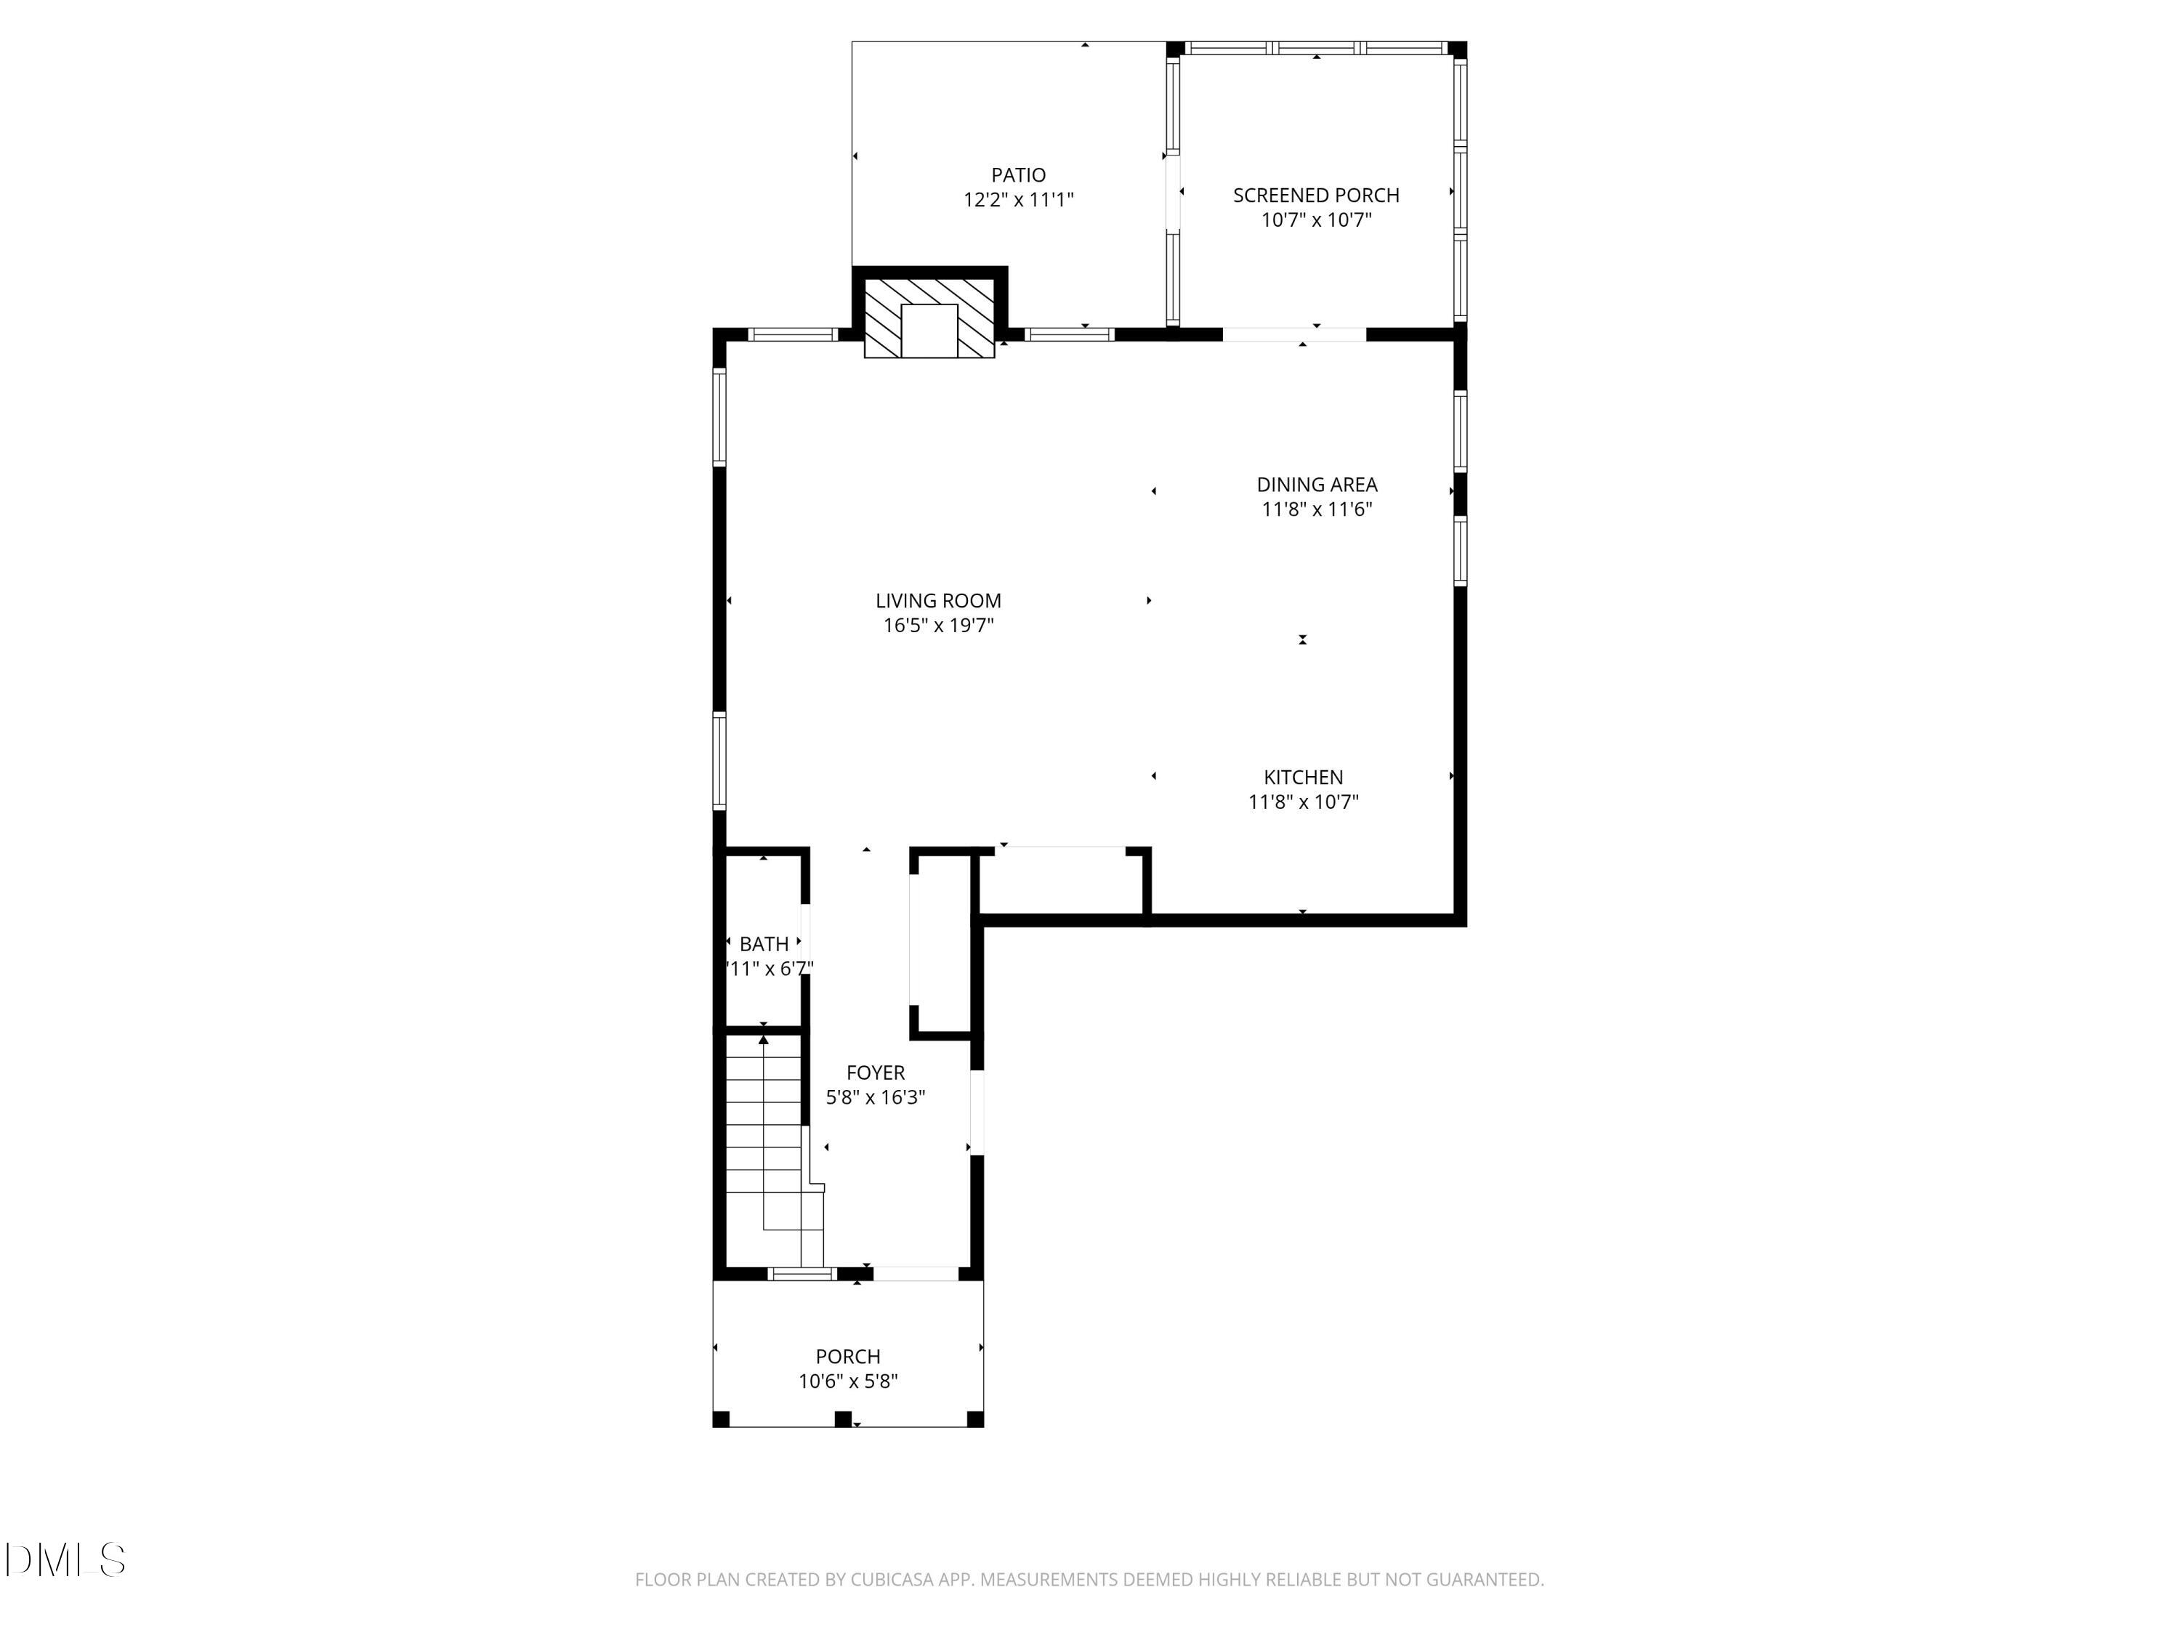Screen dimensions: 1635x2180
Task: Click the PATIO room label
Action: point(1018,175)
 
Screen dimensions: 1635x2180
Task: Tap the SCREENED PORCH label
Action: point(1316,195)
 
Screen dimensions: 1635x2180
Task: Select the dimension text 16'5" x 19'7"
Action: point(938,625)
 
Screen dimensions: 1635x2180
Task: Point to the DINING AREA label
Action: point(1317,484)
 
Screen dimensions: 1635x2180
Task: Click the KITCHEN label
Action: point(1303,777)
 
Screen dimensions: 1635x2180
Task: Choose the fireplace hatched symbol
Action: point(929,318)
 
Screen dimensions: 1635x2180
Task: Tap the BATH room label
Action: point(764,943)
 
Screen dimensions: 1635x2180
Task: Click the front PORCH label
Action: point(847,1356)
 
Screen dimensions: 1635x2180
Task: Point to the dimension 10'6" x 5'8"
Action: point(847,1381)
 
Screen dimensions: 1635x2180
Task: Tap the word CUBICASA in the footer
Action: point(892,1580)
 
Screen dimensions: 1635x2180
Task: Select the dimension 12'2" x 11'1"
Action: point(1018,200)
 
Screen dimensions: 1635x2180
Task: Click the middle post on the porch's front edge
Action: point(843,1419)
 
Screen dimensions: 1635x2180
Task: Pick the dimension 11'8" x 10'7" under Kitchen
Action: point(1303,802)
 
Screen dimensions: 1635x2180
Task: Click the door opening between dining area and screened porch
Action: point(1294,334)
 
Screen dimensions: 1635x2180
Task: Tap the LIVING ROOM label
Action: point(938,600)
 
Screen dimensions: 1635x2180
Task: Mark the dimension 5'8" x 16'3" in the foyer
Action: point(875,1097)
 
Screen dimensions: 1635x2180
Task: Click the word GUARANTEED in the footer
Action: point(1483,1580)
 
